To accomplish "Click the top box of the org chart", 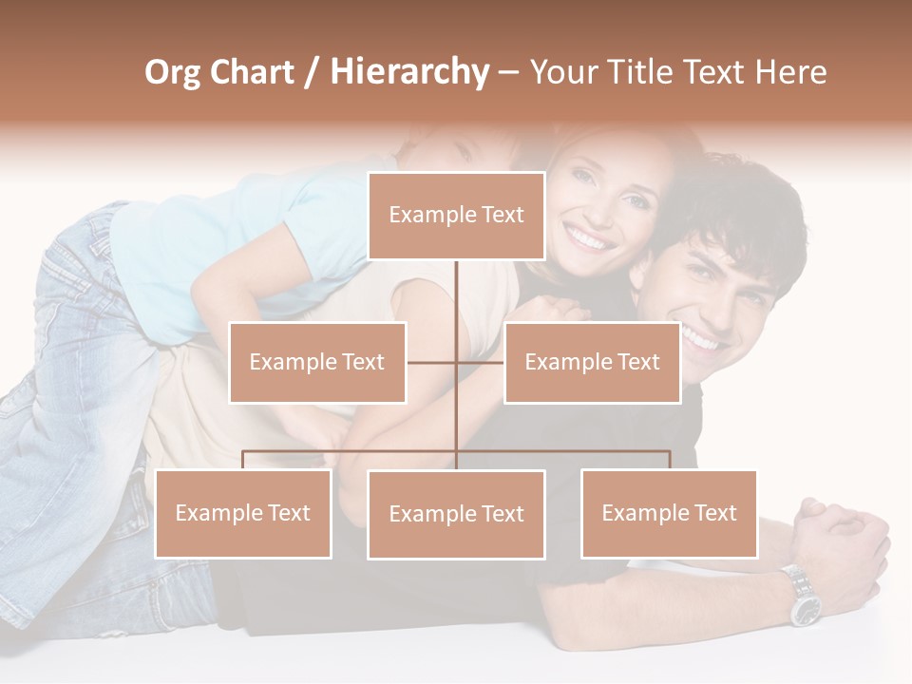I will tap(456, 216).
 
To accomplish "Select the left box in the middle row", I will tap(317, 362).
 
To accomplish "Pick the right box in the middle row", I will tap(592, 362).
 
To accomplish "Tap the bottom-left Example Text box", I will tap(243, 513).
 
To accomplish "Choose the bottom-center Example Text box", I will tap(456, 514).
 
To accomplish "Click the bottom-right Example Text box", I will tap(669, 513).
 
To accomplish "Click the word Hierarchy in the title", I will tap(409, 72).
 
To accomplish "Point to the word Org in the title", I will tap(172, 72).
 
